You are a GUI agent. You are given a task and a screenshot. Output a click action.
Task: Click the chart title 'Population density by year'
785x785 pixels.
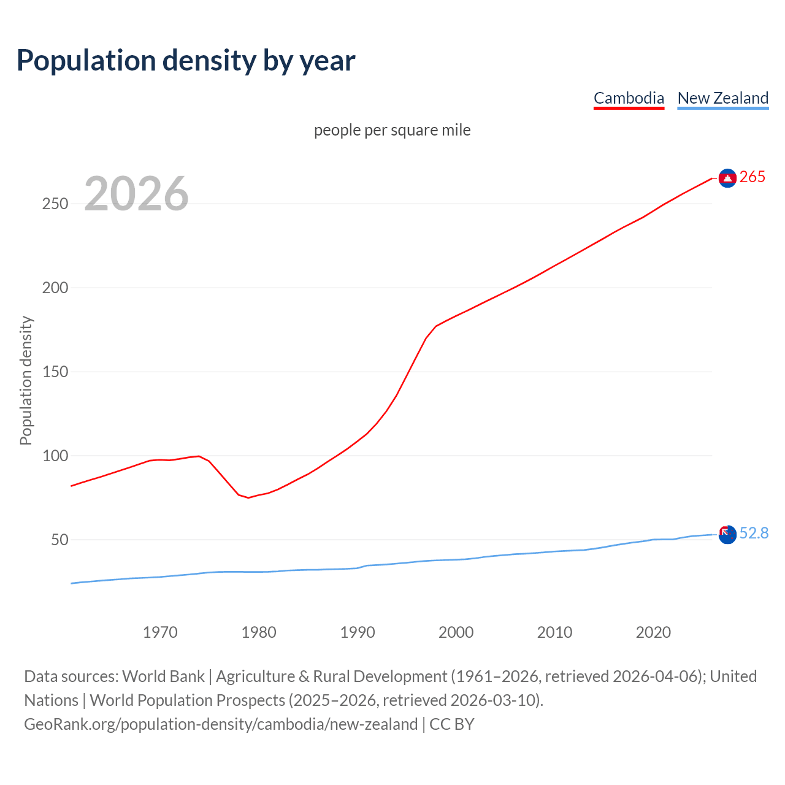[186, 61]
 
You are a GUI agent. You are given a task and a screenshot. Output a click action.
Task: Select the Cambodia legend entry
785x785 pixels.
[629, 98]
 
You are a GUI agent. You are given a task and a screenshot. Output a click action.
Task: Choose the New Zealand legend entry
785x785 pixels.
[722, 98]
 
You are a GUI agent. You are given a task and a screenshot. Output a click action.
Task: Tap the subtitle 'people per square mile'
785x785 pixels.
[392, 130]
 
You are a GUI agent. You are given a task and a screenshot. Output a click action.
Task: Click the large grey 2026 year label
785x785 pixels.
[136, 194]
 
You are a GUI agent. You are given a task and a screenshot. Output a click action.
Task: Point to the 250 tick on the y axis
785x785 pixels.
[55, 204]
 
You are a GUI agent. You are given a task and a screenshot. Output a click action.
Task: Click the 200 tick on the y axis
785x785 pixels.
[55, 288]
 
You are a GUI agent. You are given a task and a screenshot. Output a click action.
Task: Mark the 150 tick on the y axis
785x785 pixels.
[55, 372]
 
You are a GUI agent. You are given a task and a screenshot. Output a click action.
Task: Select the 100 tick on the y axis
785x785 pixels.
[55, 456]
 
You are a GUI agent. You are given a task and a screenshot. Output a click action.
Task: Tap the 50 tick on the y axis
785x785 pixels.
[59, 540]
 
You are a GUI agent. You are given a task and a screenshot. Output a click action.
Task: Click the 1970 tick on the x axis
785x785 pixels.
[160, 632]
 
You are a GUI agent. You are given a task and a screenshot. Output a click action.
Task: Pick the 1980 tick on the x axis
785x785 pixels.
[259, 632]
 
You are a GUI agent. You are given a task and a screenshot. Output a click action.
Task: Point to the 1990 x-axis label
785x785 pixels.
[358, 632]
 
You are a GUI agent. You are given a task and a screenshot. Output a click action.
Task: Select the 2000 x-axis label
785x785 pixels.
[456, 632]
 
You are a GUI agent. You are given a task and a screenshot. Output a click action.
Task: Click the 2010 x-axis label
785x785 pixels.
[554, 632]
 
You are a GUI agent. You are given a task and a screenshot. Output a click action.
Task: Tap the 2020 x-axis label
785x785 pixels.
[653, 632]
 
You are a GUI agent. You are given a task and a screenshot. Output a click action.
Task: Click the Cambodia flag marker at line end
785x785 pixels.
[727, 178]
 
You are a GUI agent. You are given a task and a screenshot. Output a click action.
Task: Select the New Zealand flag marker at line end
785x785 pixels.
[727, 535]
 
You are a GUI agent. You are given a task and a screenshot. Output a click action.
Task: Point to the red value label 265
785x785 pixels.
[752, 177]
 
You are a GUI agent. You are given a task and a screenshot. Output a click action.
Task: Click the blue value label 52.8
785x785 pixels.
[754, 534]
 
